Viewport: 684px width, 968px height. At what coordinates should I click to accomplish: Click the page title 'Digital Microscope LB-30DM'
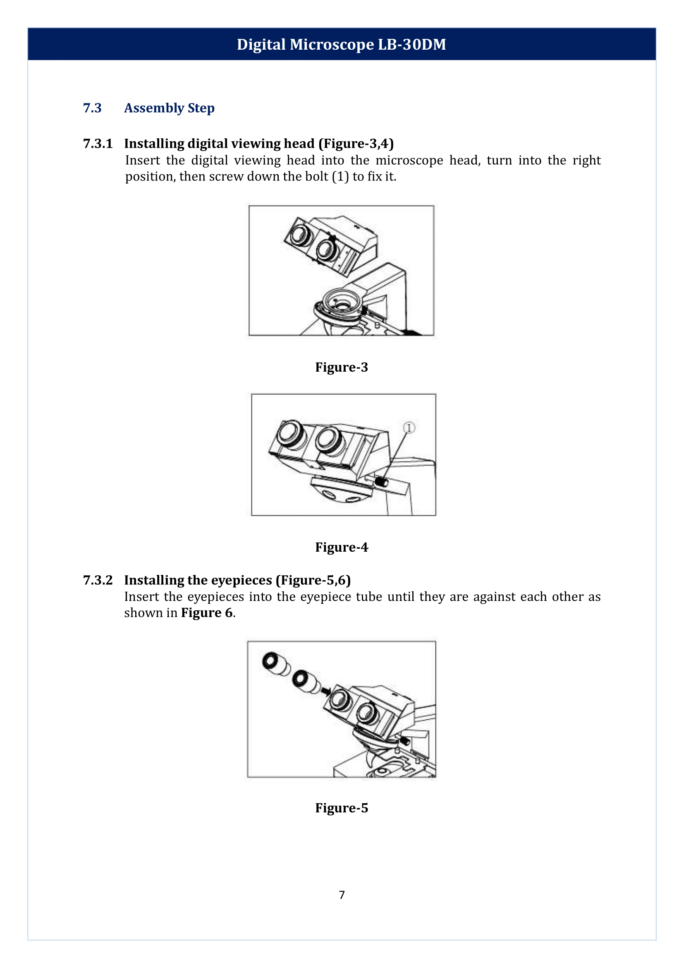[x=341, y=44]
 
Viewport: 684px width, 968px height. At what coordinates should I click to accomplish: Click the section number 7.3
[x=92, y=108]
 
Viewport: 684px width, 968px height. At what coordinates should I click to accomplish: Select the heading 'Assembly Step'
[x=169, y=108]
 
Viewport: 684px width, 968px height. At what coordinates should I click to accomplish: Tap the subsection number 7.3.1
[x=98, y=144]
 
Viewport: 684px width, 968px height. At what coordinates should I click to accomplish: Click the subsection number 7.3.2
[x=98, y=580]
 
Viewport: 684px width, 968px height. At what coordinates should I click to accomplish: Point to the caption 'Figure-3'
[x=341, y=367]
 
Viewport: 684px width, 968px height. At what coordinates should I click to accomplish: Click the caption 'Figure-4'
[x=341, y=547]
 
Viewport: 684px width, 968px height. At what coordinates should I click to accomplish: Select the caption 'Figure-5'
[x=341, y=808]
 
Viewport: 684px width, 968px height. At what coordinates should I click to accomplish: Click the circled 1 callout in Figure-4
[x=409, y=428]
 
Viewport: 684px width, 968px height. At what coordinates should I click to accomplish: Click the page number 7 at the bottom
[x=342, y=895]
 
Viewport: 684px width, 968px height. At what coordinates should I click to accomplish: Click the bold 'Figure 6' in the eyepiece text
[x=207, y=613]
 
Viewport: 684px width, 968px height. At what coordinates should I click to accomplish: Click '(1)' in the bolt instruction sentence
[x=340, y=176]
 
